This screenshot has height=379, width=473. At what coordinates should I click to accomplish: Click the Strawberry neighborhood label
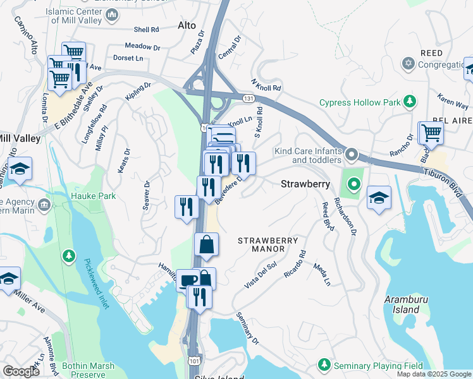pyautogui.click(x=305, y=184)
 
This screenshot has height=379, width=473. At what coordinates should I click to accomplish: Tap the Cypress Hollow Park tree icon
pyautogui.click(x=410, y=102)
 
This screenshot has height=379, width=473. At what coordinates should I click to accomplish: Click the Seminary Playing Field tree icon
pyautogui.click(x=324, y=365)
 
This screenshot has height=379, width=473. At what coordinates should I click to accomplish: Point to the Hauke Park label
pyautogui.click(x=94, y=196)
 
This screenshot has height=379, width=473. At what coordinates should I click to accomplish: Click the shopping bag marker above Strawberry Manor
pyautogui.click(x=207, y=244)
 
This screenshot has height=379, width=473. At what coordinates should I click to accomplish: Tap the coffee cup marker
pyautogui.click(x=188, y=279)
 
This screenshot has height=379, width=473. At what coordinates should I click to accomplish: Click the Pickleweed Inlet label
pyautogui.click(x=97, y=283)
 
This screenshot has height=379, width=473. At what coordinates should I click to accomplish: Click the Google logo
pyautogui.click(x=20, y=371)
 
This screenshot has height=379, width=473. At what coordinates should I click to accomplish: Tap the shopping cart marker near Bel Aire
pyautogui.click(x=431, y=133)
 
